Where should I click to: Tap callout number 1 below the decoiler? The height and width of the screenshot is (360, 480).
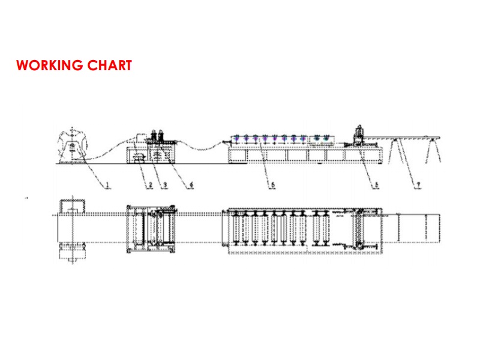pyautogui.click(x=108, y=185)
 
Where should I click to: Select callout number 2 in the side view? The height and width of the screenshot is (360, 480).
pyautogui.click(x=150, y=185)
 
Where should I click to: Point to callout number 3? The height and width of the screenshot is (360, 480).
pyautogui.click(x=164, y=185)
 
